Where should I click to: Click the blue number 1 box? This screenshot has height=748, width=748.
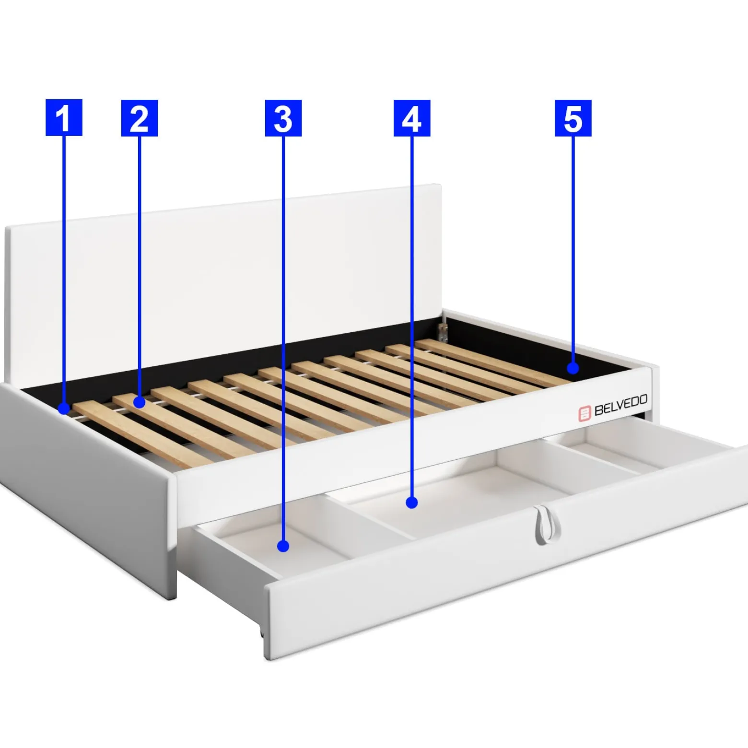(64, 117)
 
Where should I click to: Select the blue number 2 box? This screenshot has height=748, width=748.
(140, 118)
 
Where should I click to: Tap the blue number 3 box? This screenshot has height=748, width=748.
(283, 118)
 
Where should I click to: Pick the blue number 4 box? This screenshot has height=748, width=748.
(412, 118)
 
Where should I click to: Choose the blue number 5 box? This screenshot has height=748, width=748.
(573, 118)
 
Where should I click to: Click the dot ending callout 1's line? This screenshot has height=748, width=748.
(64, 409)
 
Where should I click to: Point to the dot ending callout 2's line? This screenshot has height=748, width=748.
(140, 402)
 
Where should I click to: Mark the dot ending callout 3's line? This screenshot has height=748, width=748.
(283, 546)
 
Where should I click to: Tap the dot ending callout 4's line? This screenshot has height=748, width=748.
(412, 503)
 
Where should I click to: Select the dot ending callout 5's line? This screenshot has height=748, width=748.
(573, 368)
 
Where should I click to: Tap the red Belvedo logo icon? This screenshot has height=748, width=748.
(584, 413)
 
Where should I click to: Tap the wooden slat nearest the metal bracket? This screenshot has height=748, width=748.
(494, 362)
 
